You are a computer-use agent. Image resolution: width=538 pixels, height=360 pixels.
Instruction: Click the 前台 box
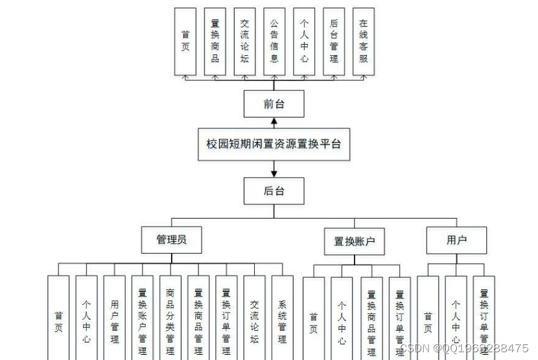tap(274, 104)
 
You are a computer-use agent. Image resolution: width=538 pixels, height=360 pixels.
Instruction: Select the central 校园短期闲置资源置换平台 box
tap(274, 144)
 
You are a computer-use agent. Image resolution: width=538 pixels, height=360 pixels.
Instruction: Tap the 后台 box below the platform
tap(274, 191)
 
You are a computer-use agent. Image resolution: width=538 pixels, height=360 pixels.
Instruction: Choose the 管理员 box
tap(171, 240)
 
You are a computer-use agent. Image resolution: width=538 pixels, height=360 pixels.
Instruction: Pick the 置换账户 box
tap(354, 241)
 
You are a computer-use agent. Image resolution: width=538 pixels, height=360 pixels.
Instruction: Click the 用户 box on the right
tap(456, 240)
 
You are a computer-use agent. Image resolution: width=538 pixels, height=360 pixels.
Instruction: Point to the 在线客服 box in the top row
tap(364, 41)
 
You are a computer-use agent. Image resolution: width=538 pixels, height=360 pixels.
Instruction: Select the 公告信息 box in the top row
tap(274, 41)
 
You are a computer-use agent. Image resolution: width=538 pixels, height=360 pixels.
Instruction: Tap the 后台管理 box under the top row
tap(334, 41)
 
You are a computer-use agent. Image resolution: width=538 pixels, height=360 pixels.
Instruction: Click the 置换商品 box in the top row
tap(215, 41)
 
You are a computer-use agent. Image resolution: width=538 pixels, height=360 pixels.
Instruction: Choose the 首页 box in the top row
tap(185, 41)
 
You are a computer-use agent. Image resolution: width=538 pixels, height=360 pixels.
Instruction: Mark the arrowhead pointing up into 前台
tap(274, 121)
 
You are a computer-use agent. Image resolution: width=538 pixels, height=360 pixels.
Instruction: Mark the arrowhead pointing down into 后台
tap(274, 173)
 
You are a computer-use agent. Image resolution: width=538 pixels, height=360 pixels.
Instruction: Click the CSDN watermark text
tap(464, 348)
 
